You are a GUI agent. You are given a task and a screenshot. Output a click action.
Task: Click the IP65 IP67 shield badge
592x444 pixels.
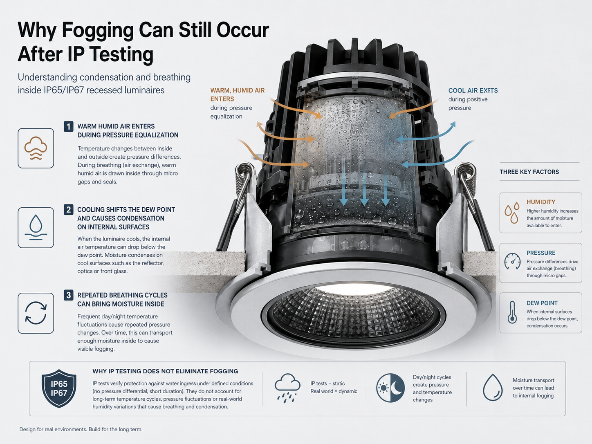tap(59, 388)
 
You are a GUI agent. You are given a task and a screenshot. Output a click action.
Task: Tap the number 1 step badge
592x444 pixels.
tap(69, 126)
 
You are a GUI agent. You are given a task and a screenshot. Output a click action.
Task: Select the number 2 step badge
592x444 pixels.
tap(69, 209)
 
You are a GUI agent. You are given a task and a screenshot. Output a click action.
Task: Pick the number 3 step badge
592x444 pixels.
tap(69, 295)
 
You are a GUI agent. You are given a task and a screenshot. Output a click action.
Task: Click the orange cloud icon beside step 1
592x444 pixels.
tap(36, 148)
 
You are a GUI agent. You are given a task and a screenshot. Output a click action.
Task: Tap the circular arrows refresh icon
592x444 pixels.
tap(36, 313)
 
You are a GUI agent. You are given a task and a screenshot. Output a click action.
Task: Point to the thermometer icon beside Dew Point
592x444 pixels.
tap(512, 312)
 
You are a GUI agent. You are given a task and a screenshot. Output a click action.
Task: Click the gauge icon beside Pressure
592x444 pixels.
tap(512, 261)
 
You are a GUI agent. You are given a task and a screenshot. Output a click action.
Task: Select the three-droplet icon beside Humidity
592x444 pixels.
tap(512, 213)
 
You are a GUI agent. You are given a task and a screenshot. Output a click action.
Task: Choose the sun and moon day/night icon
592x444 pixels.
tap(390, 388)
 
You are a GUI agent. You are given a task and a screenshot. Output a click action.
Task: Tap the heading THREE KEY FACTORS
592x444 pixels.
tap(529, 172)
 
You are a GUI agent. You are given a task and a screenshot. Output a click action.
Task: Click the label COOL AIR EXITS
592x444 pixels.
tap(473, 91)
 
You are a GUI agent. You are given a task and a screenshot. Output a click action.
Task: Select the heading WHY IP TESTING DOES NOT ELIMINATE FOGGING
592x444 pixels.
tap(165, 371)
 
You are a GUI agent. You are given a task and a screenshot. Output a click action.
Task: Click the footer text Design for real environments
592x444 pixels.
tap(53, 429)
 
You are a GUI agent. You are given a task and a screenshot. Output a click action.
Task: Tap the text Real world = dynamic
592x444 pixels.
tap(334, 391)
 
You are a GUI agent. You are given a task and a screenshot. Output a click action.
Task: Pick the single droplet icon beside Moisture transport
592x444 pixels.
tap(493, 387)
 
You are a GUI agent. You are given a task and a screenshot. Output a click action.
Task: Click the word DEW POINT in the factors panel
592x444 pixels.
tap(542, 303)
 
